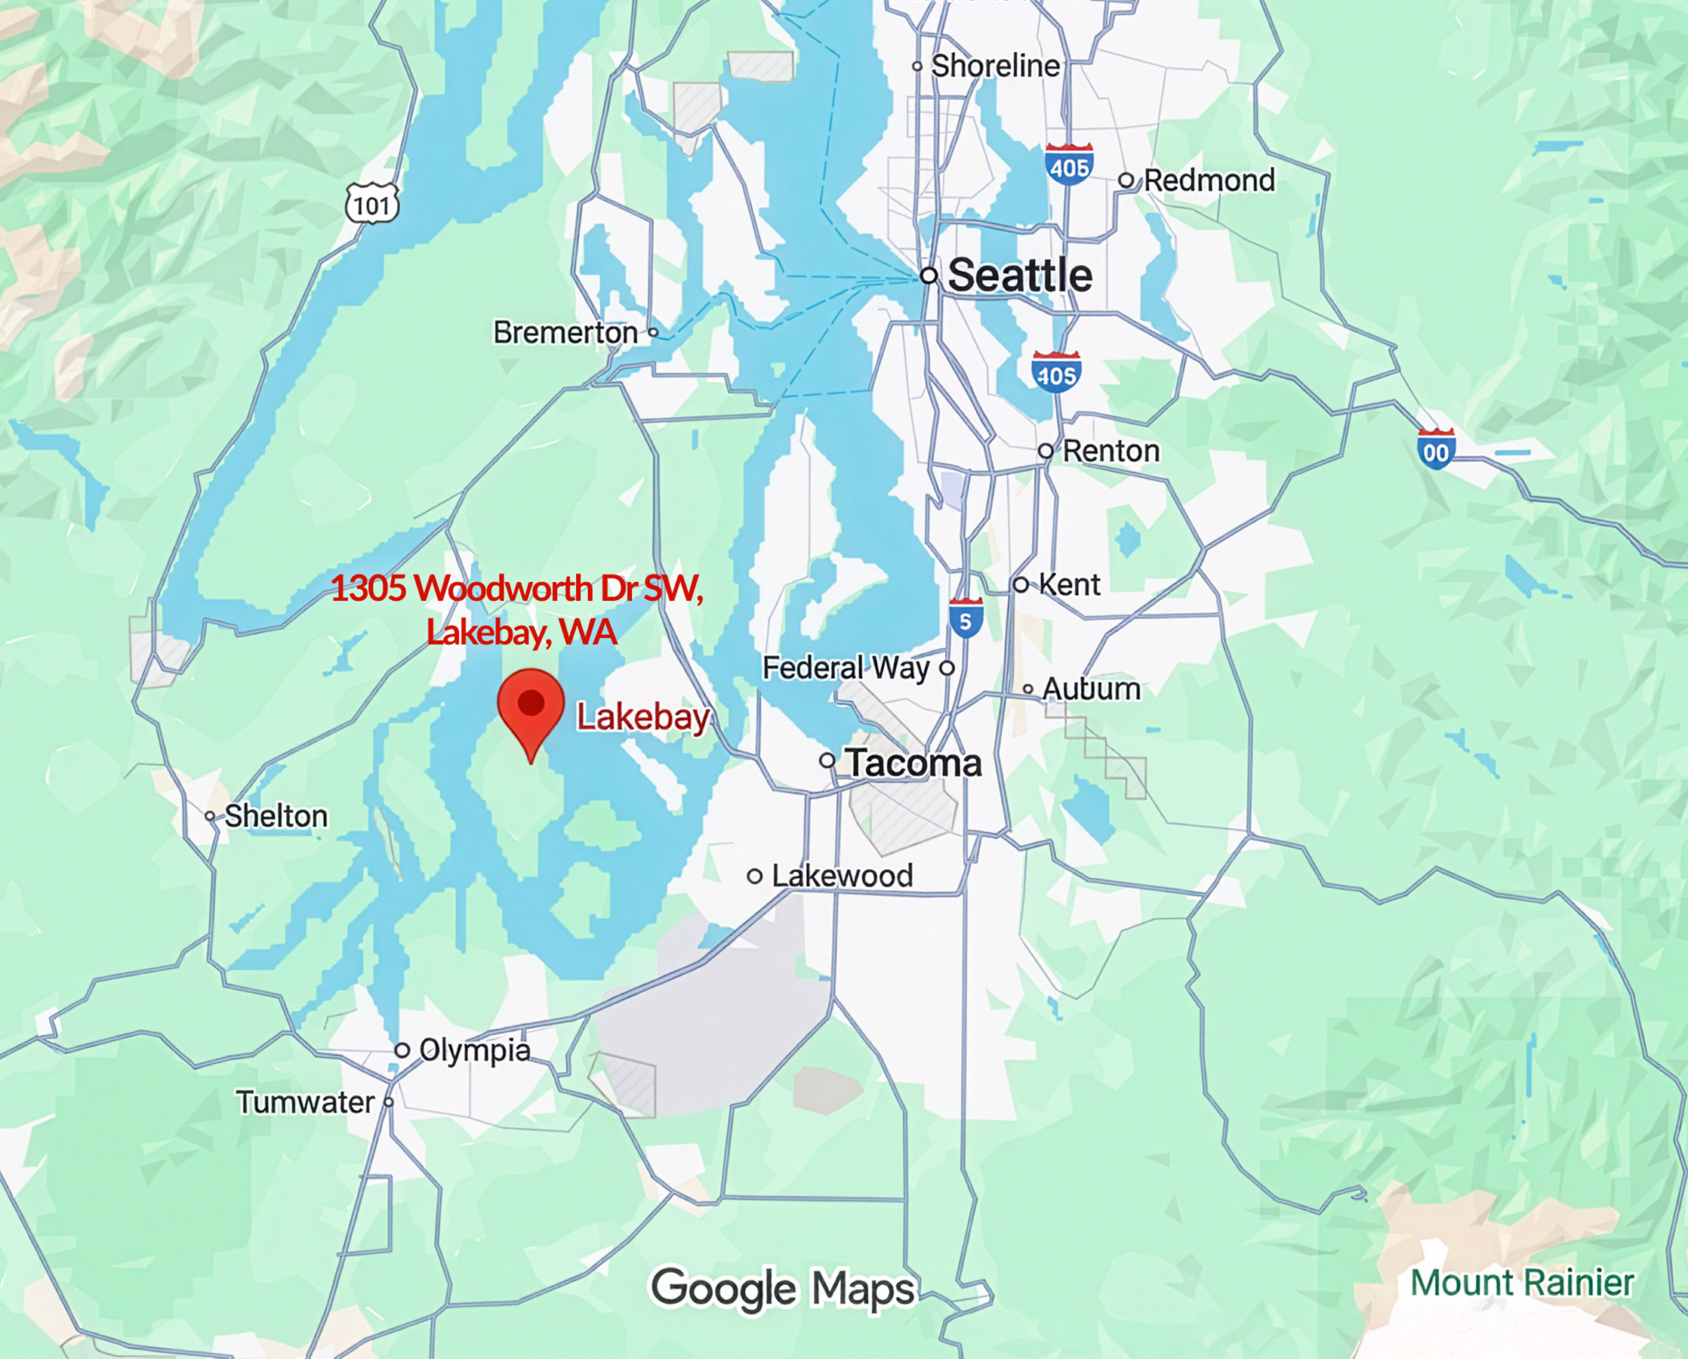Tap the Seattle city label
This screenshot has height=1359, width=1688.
1020,275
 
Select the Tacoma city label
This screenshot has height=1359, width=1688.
913,762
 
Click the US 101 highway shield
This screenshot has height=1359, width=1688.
372,204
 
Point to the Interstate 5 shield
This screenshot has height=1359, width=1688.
965,619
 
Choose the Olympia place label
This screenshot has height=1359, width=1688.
474,1050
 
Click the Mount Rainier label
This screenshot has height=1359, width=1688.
1522,1283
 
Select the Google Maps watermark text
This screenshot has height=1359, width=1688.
783,1289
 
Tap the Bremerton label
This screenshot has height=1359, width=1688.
565,332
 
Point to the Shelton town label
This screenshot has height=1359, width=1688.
276,816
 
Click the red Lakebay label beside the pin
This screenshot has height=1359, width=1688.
642,717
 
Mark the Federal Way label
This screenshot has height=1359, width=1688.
846,668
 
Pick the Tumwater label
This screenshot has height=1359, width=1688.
305,1102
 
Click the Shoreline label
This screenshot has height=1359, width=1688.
995,66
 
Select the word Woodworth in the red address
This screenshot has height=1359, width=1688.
504,588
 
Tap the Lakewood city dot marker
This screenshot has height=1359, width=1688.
754,876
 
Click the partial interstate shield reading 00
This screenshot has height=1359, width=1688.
1435,449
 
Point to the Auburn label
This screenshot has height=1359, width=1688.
1091,689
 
